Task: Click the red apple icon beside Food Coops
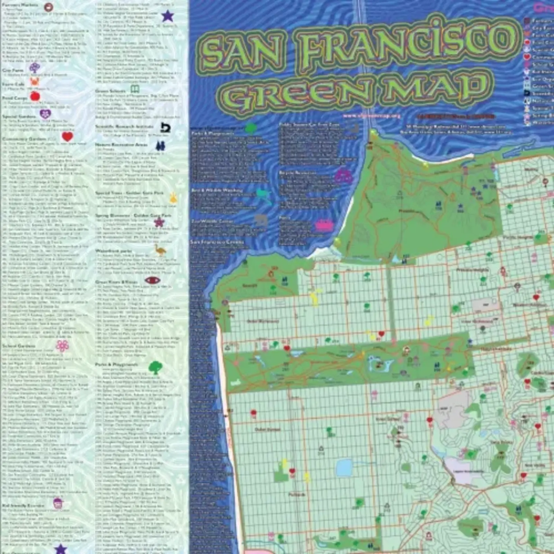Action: tap(35, 97)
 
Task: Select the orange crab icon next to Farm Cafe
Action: tap(35, 82)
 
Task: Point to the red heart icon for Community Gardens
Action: tap(67, 137)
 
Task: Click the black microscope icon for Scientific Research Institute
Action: tap(166, 128)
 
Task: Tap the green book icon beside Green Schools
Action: tap(135, 89)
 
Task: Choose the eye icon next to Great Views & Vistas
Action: tap(152, 280)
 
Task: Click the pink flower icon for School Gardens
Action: tap(62, 345)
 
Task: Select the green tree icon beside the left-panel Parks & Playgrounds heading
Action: tap(155, 367)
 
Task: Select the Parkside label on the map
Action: tap(297, 494)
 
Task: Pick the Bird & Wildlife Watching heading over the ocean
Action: tap(217, 190)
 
